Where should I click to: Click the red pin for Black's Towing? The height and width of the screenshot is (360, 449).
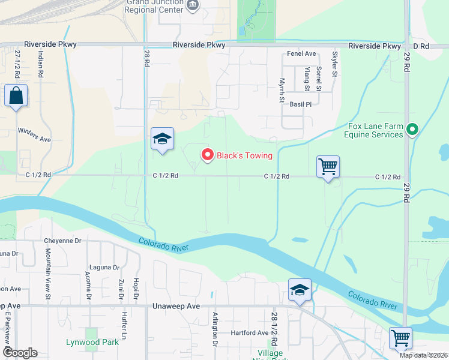208,155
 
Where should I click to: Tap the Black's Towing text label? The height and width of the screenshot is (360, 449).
245,156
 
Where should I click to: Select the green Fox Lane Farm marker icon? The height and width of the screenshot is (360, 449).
412,129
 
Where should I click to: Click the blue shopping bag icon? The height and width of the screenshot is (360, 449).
16,96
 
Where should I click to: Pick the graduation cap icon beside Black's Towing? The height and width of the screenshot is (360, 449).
162,140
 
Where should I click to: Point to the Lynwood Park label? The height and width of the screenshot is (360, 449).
91,343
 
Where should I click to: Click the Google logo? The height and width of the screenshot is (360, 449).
19,353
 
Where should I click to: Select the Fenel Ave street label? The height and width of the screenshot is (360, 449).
301,54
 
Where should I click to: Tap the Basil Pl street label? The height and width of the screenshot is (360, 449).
301,104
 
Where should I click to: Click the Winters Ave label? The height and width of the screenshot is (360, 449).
34,134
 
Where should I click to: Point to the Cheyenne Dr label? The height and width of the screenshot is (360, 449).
62,241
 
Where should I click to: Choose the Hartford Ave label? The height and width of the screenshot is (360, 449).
250,332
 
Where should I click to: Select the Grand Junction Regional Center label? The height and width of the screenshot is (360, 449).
154,7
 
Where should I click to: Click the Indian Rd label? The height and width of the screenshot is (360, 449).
40,65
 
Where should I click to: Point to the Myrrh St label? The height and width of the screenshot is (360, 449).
282,90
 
